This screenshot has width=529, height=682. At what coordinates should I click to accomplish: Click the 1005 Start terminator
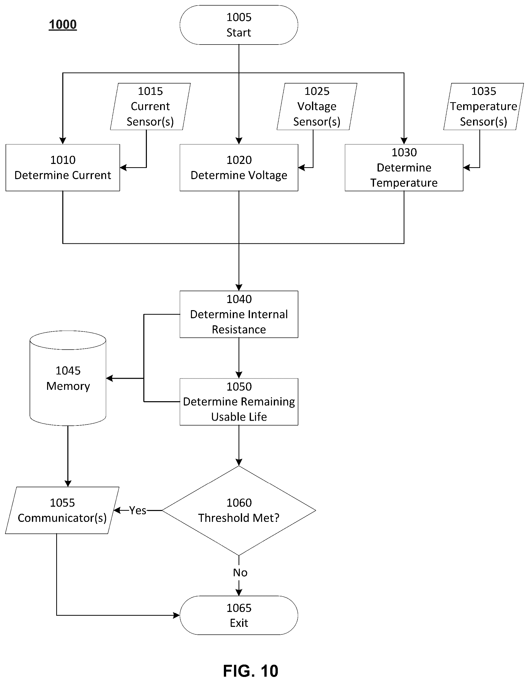coord(239,25)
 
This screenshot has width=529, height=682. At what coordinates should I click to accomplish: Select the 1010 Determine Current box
coord(63,168)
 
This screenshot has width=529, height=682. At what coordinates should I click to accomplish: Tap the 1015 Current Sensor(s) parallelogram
coord(150,106)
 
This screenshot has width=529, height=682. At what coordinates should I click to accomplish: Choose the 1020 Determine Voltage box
coord(239,168)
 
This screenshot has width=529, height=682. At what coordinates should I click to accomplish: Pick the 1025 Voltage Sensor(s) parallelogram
coord(317,106)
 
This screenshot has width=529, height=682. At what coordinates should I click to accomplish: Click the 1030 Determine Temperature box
coord(404,168)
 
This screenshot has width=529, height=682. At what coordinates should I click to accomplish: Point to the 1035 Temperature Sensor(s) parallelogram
coord(484,106)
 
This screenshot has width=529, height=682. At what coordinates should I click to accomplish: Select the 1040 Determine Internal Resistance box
coord(239,314)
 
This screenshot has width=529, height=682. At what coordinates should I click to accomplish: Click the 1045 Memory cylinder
coord(68,378)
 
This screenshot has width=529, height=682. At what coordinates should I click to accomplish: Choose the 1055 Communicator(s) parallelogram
coord(62,510)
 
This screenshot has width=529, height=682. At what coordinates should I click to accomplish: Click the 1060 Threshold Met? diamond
coord(239,510)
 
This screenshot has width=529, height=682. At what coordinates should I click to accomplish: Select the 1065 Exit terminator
coord(239,615)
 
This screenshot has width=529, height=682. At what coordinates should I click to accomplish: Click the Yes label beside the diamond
coord(138,510)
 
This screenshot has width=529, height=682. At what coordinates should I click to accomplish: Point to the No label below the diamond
coord(240,572)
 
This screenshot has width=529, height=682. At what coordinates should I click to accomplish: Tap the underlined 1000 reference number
coord(63,24)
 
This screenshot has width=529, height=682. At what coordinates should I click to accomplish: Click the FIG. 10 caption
coord(250,670)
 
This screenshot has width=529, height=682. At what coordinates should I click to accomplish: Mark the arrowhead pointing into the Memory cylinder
coord(109,378)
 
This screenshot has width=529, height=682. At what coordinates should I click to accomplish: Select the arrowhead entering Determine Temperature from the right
coord(467,168)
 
